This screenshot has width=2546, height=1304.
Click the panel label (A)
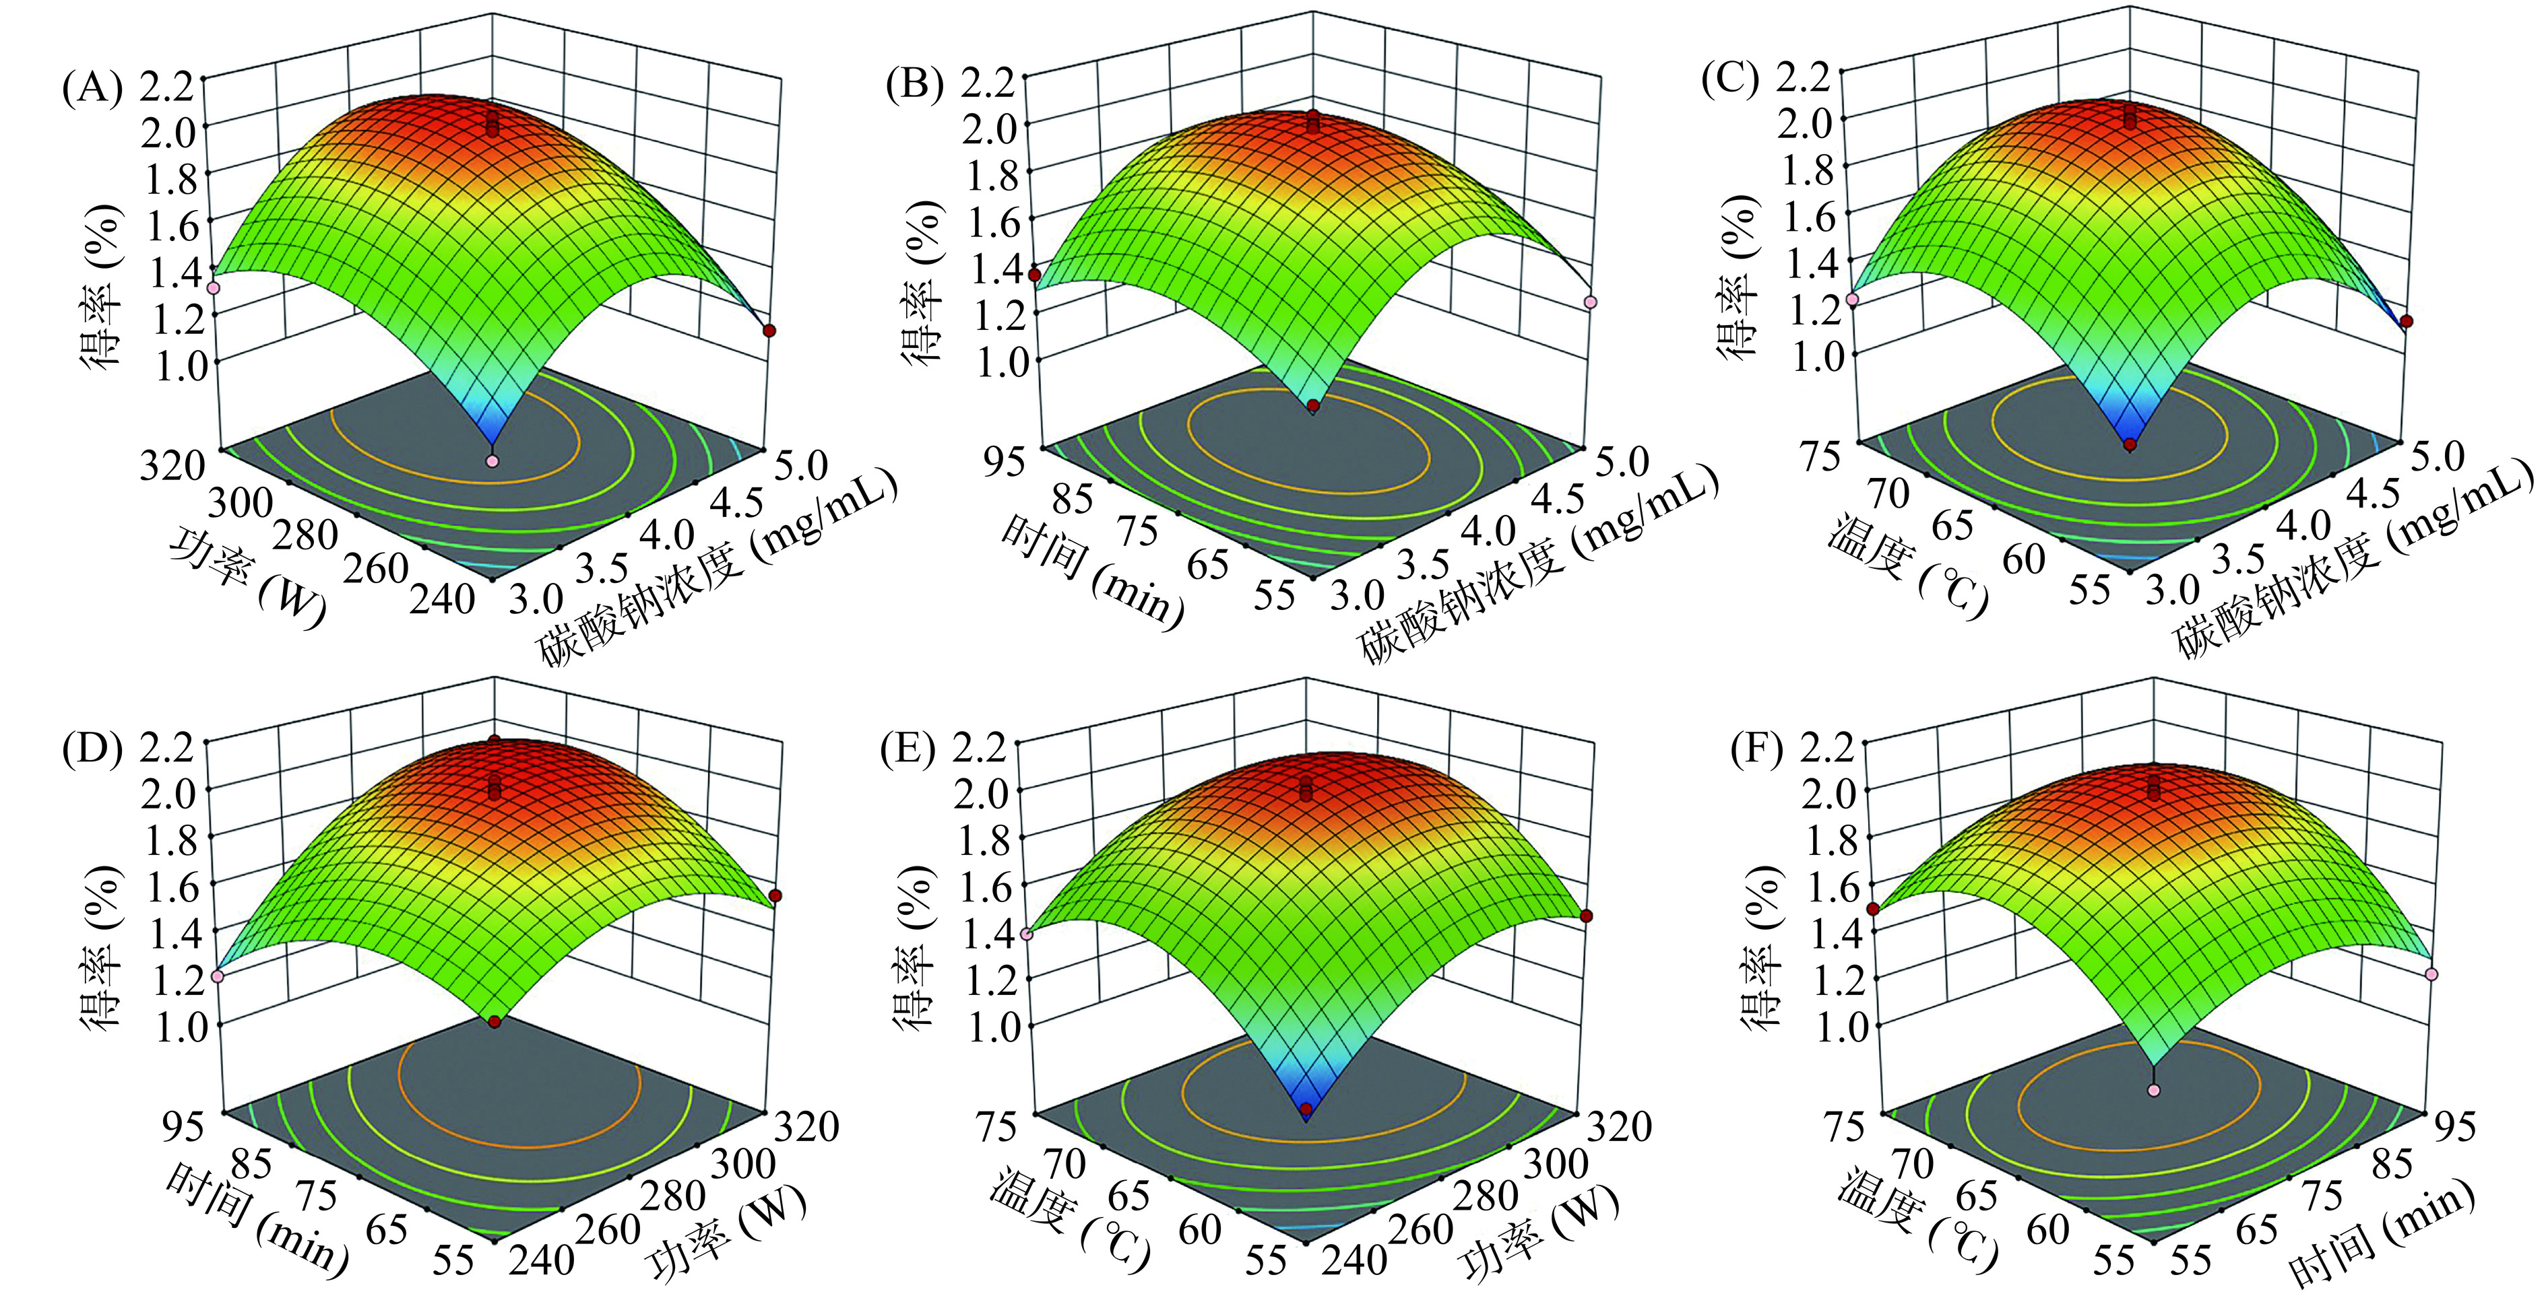[92, 89]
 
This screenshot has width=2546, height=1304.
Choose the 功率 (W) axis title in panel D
[726, 1232]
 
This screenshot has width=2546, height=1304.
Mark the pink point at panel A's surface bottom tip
[493, 461]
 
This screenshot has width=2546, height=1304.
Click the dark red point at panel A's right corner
[769, 331]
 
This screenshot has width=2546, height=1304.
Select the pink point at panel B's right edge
[1590, 302]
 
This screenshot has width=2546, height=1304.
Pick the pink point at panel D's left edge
[218, 976]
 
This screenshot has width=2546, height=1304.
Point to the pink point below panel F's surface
[2155, 1091]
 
